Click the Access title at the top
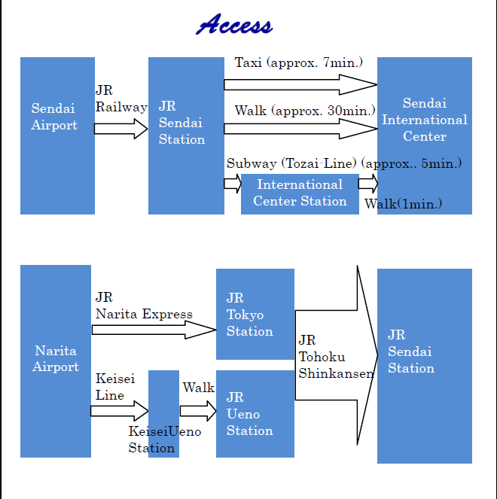coord(234,24)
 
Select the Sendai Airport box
coord(58,136)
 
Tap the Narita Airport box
coord(56,361)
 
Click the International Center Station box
coord(300,194)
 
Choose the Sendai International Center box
coord(425,136)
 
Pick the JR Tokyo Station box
coord(255,314)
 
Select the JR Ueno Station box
coord(255,414)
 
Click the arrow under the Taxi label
coord(300,84)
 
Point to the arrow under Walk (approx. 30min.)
coord(300,129)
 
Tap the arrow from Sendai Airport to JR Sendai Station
coord(121,129)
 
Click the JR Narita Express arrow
coord(154,330)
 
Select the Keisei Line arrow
coord(120,411)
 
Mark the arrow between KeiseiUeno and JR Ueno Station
coord(198,411)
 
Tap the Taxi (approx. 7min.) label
coord(299,62)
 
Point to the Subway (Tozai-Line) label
coord(291,163)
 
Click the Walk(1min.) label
coord(404,204)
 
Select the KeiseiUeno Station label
coord(165,440)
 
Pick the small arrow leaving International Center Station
coord(368,184)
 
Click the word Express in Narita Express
coord(167,314)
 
